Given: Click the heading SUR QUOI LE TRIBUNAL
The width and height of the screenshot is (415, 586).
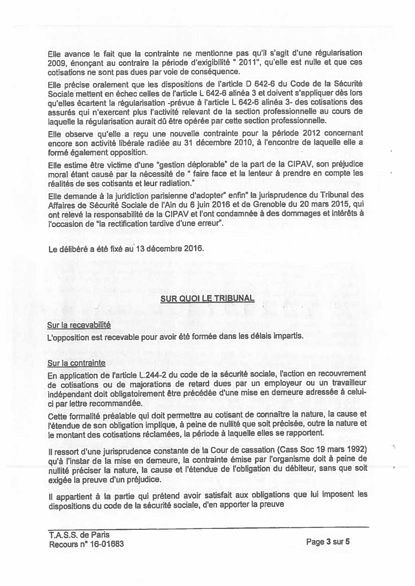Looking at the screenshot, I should (207, 298).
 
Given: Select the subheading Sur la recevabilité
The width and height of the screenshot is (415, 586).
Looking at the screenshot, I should (79, 325).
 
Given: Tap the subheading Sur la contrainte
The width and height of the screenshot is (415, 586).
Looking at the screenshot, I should (77, 363).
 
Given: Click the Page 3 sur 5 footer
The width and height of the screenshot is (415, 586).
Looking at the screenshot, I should (328, 542).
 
